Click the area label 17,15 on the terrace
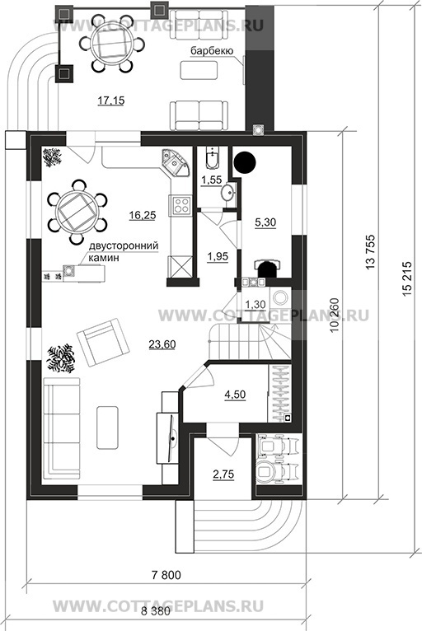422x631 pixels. coord(110,100)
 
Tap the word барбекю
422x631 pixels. coord(211,51)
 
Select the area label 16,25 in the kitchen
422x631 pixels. coord(143,215)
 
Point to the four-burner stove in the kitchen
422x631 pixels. coord(180,203)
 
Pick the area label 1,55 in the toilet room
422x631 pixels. coord(211,180)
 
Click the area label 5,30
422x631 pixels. coord(265,222)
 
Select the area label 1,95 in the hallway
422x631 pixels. coord(218,256)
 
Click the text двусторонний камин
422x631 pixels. coord(124,251)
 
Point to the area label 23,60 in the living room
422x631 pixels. coord(162,344)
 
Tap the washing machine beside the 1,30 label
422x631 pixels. coord(279,299)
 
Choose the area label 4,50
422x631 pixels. coord(235,395)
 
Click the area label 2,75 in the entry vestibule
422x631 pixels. coord(223,474)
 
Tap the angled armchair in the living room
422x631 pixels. coord(104,342)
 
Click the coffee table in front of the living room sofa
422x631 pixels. coord(107,428)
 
